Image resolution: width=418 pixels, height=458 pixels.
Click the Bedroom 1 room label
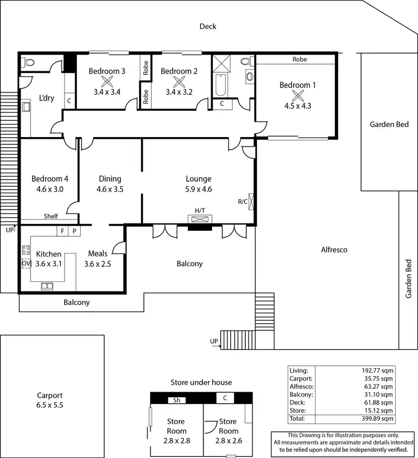point(298,85)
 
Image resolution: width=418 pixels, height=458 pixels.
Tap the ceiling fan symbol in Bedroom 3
point(106,80)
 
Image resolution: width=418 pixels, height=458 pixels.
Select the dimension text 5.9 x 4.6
point(198,189)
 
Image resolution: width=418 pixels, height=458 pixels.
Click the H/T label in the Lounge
point(200,210)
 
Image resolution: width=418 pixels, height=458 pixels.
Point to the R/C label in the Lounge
point(242,202)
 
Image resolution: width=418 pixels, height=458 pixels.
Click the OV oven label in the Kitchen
point(26,264)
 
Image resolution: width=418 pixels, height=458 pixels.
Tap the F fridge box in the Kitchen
point(62,231)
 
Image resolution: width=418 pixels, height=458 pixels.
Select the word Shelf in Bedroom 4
point(51,216)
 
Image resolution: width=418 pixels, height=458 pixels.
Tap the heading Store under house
point(201,382)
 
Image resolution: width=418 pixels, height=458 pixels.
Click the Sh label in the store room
point(177,399)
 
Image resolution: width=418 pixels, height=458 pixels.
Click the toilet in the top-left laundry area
point(28,62)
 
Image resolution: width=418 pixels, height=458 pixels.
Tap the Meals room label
point(98,254)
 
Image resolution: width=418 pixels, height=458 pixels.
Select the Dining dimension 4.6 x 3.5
point(110,189)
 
